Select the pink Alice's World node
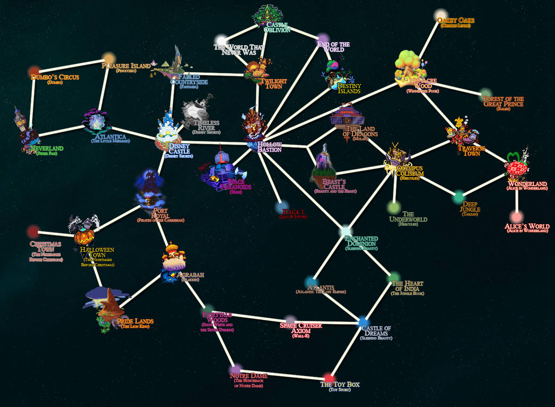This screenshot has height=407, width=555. click(x=515, y=216)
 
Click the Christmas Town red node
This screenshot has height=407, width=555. click(x=33, y=231)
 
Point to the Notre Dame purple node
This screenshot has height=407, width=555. click(x=236, y=369)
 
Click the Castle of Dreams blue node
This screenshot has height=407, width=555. click(x=363, y=321)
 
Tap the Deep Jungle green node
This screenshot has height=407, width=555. click(x=458, y=197)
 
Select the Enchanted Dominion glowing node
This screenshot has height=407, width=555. click(x=345, y=231)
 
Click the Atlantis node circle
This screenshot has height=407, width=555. click(x=312, y=281)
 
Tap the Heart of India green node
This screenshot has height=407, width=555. click(x=393, y=277)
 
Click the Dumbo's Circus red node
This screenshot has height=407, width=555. click(x=35, y=71)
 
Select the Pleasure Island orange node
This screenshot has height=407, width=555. click(x=108, y=57)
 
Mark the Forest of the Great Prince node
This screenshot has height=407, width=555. click(x=485, y=94)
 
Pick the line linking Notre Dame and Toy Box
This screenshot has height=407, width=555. click(x=282, y=374)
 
